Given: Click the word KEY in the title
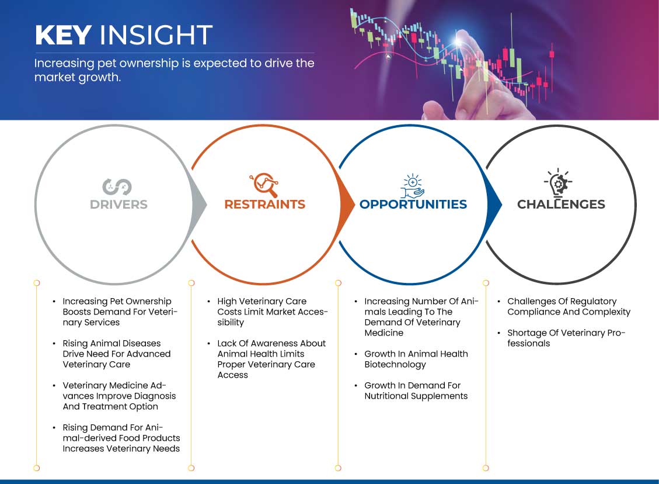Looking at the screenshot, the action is tap(64, 34).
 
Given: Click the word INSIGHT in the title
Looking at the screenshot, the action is tap(156, 34).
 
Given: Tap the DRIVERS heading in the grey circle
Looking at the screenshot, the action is tap(118, 205).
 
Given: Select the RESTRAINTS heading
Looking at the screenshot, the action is tap(265, 204).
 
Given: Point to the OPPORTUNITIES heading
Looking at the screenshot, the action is tap(413, 204).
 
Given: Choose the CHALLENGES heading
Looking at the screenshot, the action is tap(561, 204).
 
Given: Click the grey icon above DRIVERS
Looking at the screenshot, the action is tap(117, 187).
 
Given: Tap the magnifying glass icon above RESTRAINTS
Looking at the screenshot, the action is tap(264, 184).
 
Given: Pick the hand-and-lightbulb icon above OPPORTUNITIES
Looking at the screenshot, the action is tap(412, 186).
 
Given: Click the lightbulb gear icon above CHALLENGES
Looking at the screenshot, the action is tap(558, 183).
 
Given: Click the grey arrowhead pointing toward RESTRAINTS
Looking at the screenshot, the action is tap(199, 205).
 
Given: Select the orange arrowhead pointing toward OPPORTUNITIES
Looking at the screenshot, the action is tap(347, 205).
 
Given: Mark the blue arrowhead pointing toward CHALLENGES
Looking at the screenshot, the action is tap(494, 205).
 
